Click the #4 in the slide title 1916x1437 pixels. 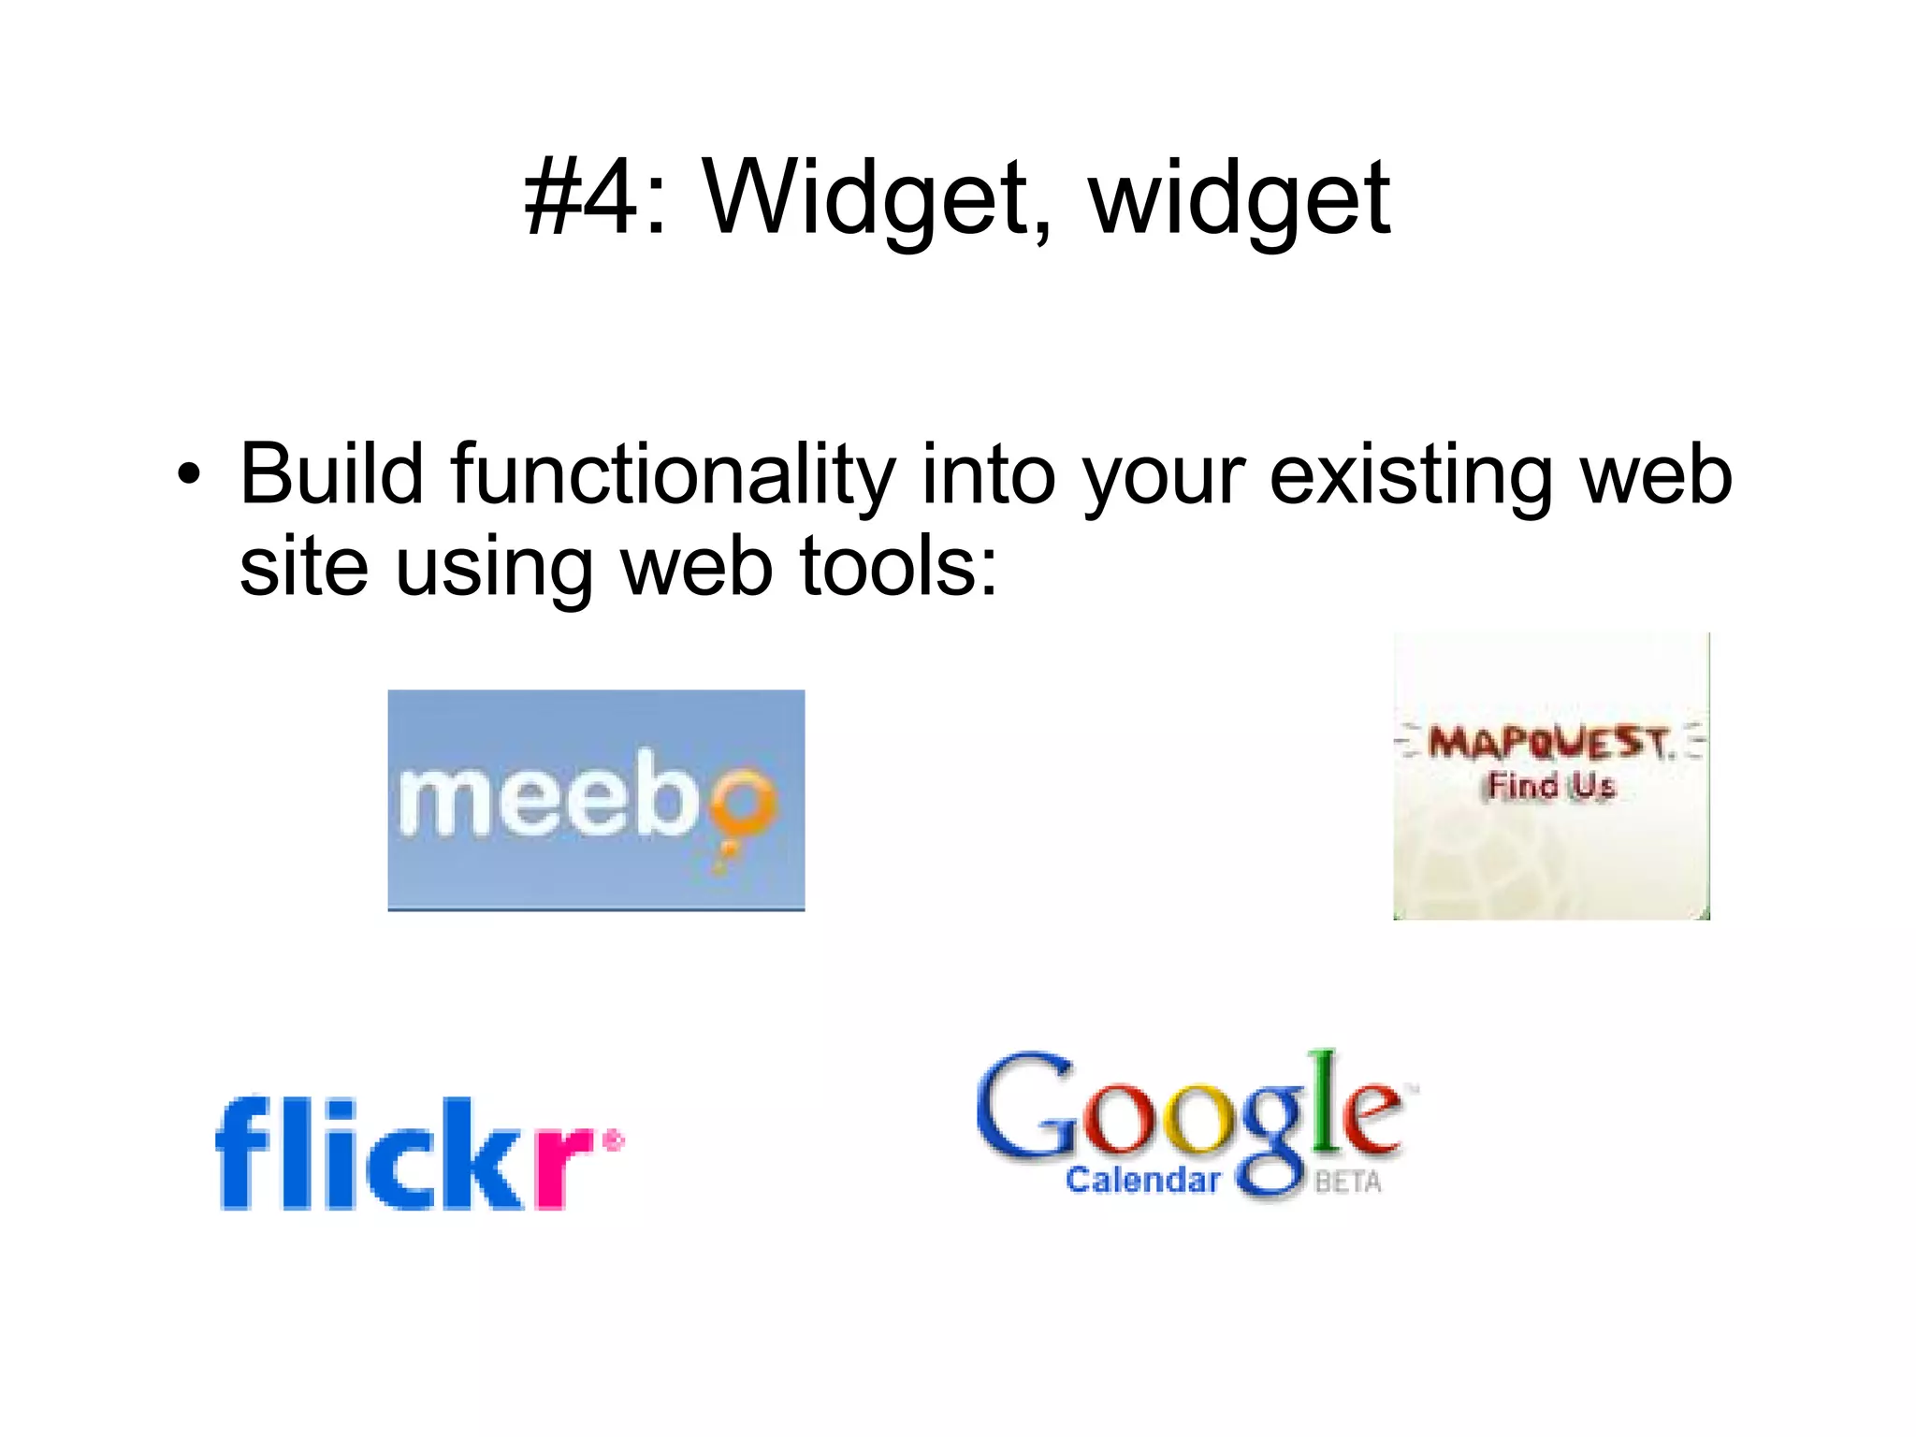click(581, 197)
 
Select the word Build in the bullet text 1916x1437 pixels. click(332, 474)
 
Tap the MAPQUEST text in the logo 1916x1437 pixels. click(1548, 744)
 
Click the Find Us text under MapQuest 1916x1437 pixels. click(1551, 786)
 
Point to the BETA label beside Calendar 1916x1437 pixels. click(1347, 1183)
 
